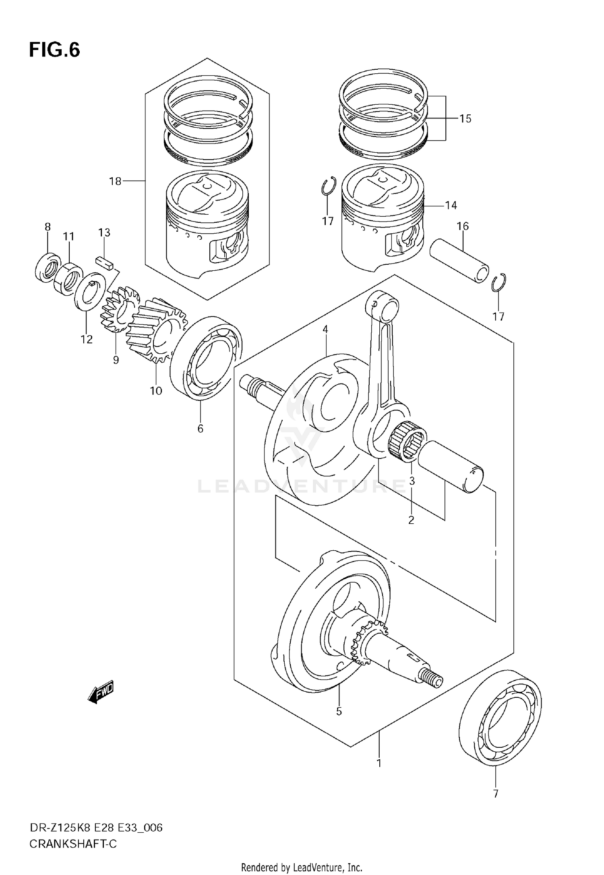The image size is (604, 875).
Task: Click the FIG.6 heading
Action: point(54,50)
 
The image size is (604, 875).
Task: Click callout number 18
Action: point(115,182)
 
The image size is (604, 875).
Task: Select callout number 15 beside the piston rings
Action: point(465,119)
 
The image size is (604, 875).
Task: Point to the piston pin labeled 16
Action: point(459,260)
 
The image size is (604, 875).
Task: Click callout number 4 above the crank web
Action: point(325,330)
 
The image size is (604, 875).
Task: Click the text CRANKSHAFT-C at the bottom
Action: point(73,844)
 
